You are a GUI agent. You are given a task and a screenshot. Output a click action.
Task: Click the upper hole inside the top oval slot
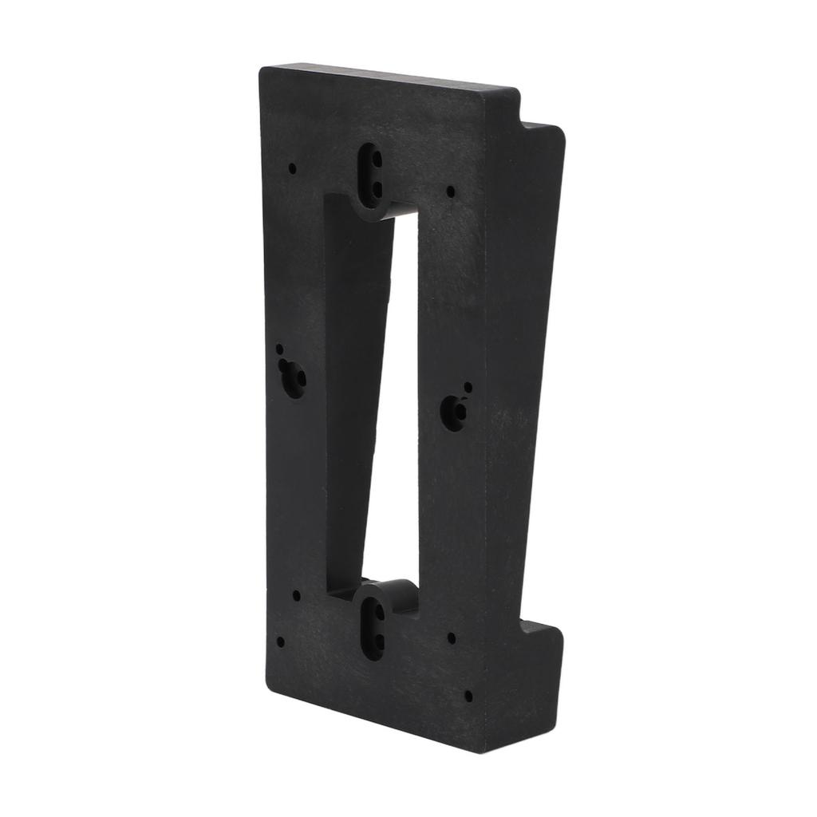pos(372,159)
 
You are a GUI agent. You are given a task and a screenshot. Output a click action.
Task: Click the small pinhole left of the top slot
pos(293,168)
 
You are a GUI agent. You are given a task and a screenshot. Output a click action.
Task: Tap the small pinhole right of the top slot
pos(451,191)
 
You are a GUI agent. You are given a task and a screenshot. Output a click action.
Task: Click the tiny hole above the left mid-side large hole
pos(280,349)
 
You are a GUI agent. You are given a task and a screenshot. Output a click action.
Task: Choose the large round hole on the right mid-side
pos(457,412)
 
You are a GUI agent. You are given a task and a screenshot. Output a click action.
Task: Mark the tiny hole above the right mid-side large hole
pos(468,387)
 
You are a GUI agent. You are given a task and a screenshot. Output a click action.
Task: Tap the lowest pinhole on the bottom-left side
pos(280,641)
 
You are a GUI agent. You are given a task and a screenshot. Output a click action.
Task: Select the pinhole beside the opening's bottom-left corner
pos(298,595)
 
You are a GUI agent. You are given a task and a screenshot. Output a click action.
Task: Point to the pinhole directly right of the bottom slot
pos(452,638)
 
